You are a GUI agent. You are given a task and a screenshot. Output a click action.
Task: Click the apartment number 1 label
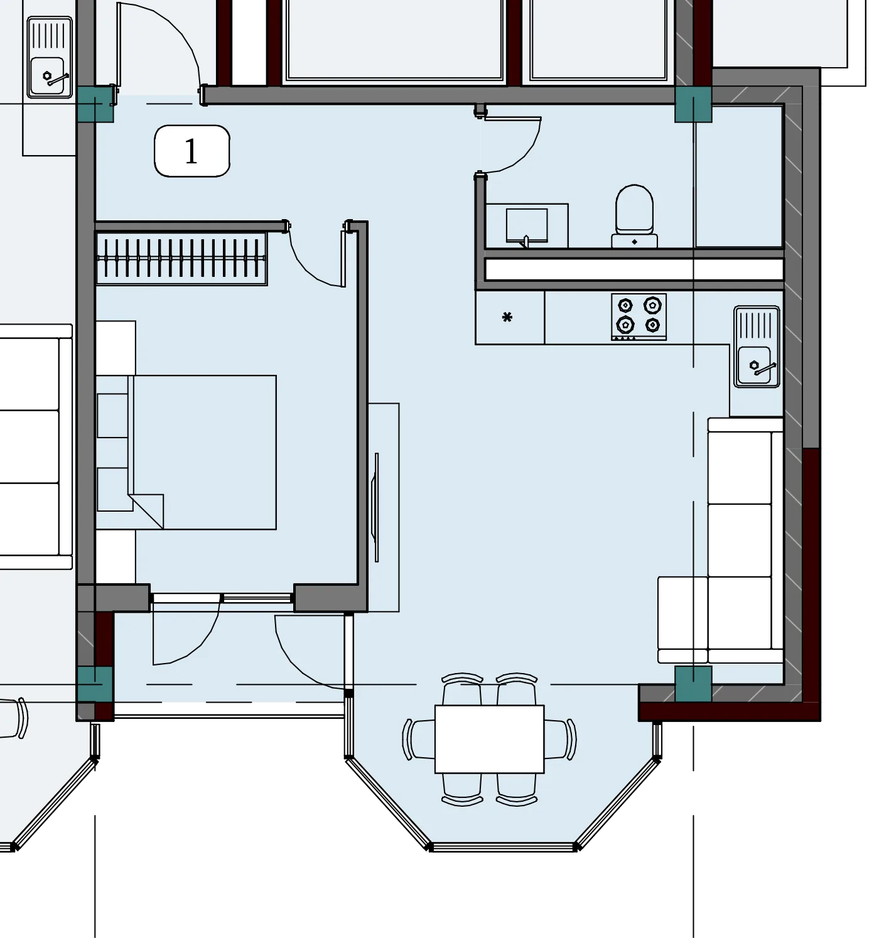[191, 151]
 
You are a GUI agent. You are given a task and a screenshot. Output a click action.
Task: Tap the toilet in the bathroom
[634, 217]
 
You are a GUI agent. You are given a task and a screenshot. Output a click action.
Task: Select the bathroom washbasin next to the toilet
[527, 226]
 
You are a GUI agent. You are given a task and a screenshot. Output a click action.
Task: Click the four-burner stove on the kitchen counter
[639, 316]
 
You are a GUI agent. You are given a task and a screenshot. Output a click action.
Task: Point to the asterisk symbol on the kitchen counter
[507, 317]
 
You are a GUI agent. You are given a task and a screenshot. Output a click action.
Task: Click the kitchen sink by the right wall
[756, 347]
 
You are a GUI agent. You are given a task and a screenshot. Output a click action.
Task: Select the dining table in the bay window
[489, 739]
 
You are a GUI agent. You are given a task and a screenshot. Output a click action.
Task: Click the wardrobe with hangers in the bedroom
[182, 258]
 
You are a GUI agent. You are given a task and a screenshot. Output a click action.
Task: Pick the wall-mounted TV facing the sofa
[376, 507]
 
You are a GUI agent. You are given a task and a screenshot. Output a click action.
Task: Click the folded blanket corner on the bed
[148, 511]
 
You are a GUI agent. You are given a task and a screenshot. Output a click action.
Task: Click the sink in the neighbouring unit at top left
[50, 57]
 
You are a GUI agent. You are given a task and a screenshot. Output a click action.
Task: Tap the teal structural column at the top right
[693, 104]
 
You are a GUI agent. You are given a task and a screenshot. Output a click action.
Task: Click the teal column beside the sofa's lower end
[693, 684]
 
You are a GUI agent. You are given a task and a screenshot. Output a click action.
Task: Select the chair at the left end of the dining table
[419, 739]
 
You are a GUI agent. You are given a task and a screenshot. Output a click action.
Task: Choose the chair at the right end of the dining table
[561, 739]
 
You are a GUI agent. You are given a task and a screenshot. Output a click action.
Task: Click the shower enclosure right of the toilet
[739, 176]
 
